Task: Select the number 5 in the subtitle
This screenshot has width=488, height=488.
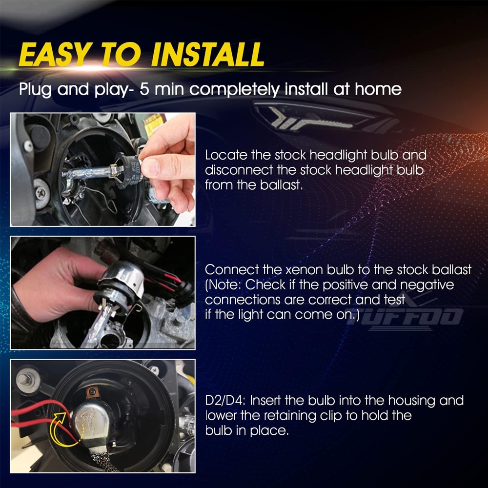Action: click(x=144, y=89)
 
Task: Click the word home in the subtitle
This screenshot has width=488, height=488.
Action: click(x=378, y=89)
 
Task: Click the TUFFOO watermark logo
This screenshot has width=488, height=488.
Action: click(x=405, y=314)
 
